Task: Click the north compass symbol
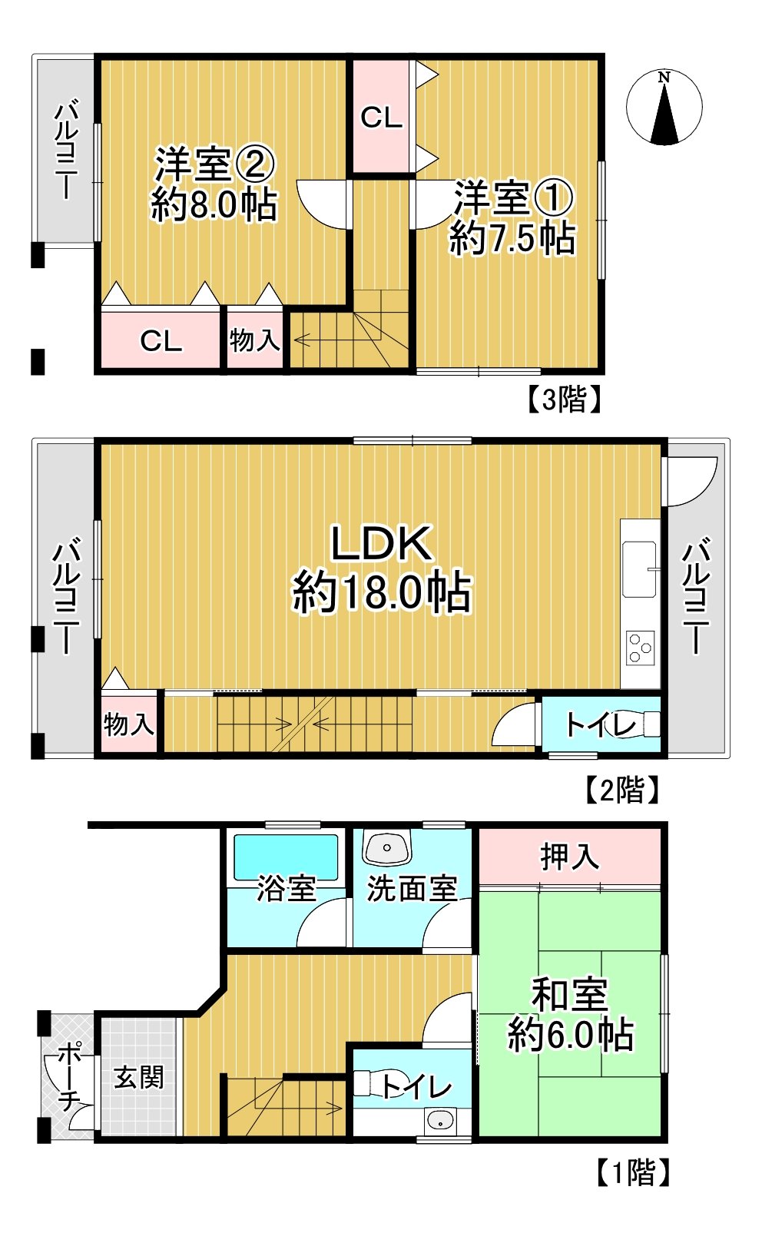click(x=664, y=108)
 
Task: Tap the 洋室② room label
click(x=214, y=165)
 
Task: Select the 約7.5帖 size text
click(x=512, y=238)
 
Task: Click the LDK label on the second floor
click(x=381, y=544)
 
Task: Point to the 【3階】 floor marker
click(x=563, y=399)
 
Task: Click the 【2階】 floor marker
click(x=622, y=790)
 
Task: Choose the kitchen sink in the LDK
click(x=640, y=568)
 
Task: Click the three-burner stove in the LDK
click(x=641, y=647)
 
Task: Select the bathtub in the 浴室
click(x=286, y=857)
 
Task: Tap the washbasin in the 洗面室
click(x=387, y=847)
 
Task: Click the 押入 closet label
click(x=569, y=857)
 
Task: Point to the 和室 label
click(x=569, y=996)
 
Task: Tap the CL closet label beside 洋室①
click(x=381, y=118)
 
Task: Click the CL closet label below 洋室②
click(x=161, y=341)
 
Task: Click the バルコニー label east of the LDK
click(x=696, y=595)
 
